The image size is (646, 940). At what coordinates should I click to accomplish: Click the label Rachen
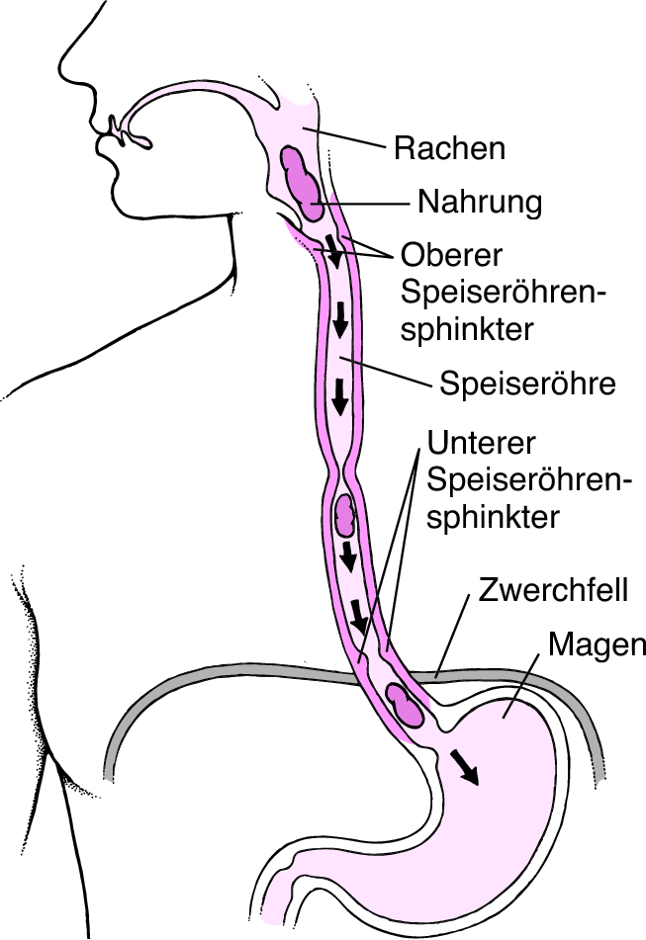[x=449, y=148]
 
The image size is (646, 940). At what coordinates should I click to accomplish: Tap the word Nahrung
[x=480, y=202]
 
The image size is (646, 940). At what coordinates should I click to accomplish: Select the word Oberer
[x=451, y=255]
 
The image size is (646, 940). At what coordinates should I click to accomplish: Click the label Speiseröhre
[x=528, y=384]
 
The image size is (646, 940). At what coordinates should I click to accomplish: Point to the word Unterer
[x=481, y=443]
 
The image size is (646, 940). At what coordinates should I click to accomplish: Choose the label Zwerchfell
[x=553, y=589]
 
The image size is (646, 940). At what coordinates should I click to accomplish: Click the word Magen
[x=597, y=645]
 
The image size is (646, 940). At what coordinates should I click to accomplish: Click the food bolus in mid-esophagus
[x=345, y=514]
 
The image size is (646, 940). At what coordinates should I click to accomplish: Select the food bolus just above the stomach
[x=404, y=706]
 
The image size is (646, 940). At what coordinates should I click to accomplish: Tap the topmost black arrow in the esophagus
[x=333, y=250]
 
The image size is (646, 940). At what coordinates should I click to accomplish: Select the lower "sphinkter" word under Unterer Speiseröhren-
[x=493, y=517]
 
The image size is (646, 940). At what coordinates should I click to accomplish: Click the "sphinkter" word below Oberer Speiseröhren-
[x=467, y=329]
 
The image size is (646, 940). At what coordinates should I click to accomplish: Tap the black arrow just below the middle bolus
[x=348, y=558]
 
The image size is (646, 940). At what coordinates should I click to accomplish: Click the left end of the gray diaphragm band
[x=109, y=773]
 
